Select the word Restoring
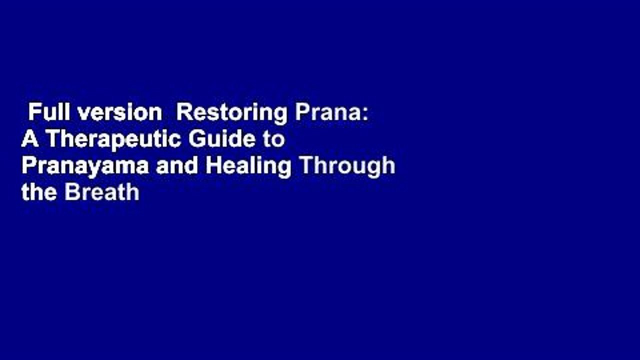[x=232, y=113]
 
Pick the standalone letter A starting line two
[x=29, y=139]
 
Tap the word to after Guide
[x=273, y=140]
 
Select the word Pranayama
[x=85, y=166]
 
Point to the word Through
[x=347, y=166]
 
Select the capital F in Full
[x=33, y=113]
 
